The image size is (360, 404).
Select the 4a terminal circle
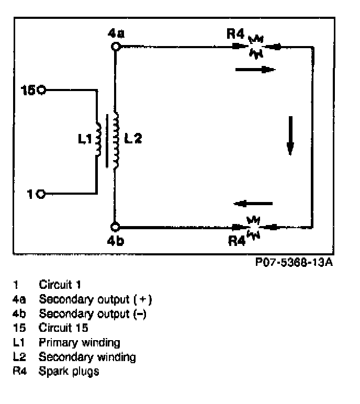click(x=116, y=46)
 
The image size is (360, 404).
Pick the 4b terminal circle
click(x=116, y=227)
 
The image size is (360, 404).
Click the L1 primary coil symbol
click(x=98, y=140)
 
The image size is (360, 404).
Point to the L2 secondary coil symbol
click(x=117, y=140)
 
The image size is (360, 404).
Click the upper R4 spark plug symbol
click(x=256, y=47)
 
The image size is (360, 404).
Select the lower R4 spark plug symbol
click(x=254, y=227)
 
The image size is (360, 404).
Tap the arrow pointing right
click(x=255, y=69)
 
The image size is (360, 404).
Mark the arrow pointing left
click(x=253, y=204)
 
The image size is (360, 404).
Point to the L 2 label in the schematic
click(x=133, y=139)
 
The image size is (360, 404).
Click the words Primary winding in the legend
click(x=80, y=343)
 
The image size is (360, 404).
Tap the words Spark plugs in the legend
click(x=69, y=372)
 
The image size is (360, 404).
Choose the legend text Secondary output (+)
click(x=96, y=299)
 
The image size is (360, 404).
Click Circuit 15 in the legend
click(x=63, y=328)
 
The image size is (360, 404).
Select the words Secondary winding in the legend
click(x=87, y=357)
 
